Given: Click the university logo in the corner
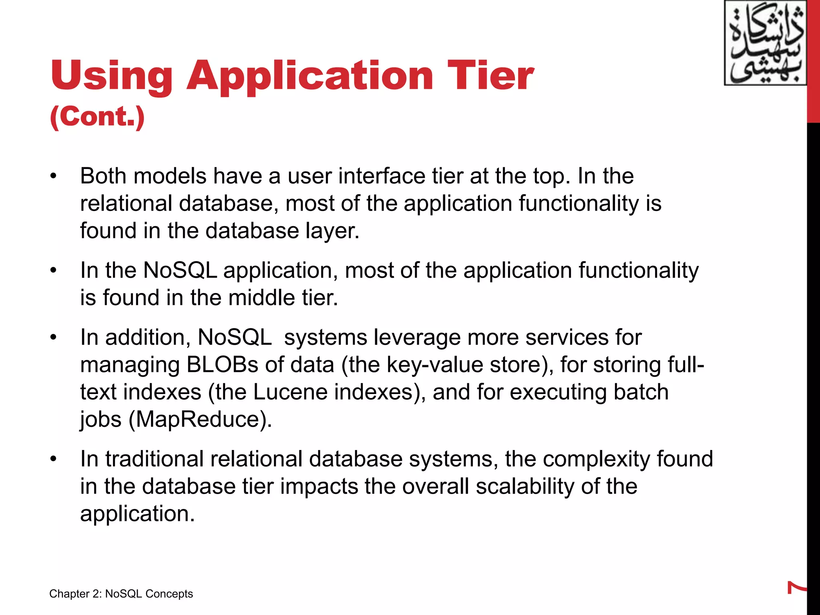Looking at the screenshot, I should pos(765,43).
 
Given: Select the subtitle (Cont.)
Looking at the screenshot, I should pos(97,117).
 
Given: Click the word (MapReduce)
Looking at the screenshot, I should pos(200,419).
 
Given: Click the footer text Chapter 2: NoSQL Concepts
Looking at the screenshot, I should pos(121,594).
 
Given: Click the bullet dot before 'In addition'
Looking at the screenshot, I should pos(54,338).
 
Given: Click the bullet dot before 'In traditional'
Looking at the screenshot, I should pos(54,459).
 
